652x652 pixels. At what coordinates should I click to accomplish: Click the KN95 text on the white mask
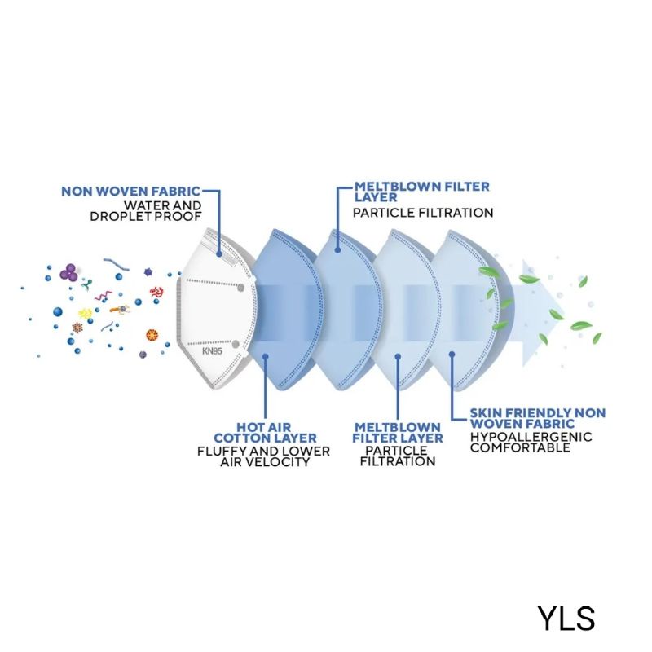(212, 351)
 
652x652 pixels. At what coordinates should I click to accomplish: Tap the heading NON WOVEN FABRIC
(131, 192)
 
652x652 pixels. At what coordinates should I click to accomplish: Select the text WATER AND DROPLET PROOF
(146, 211)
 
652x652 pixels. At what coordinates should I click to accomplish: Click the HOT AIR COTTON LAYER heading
(265, 433)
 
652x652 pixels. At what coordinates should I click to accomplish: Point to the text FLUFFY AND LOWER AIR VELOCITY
(263, 456)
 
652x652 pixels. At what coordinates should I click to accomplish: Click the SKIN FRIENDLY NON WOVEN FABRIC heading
(538, 418)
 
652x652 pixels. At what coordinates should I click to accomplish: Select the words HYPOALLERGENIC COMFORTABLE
(531, 442)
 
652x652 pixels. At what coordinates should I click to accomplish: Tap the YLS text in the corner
(566, 619)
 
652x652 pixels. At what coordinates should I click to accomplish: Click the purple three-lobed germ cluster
(68, 272)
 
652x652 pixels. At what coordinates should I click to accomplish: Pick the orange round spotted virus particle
(152, 334)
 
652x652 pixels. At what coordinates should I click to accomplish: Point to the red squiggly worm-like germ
(156, 292)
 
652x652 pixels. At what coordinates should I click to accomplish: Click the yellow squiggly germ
(86, 313)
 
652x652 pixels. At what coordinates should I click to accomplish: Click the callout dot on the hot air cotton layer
(266, 356)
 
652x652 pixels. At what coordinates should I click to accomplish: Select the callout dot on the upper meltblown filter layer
(337, 250)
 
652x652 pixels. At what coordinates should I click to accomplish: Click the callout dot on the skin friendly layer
(452, 355)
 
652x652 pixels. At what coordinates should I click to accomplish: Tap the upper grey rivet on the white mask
(240, 288)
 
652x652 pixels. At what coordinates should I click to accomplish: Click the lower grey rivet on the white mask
(236, 344)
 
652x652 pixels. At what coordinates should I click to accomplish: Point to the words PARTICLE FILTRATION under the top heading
(423, 213)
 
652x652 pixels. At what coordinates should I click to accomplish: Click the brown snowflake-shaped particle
(77, 328)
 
